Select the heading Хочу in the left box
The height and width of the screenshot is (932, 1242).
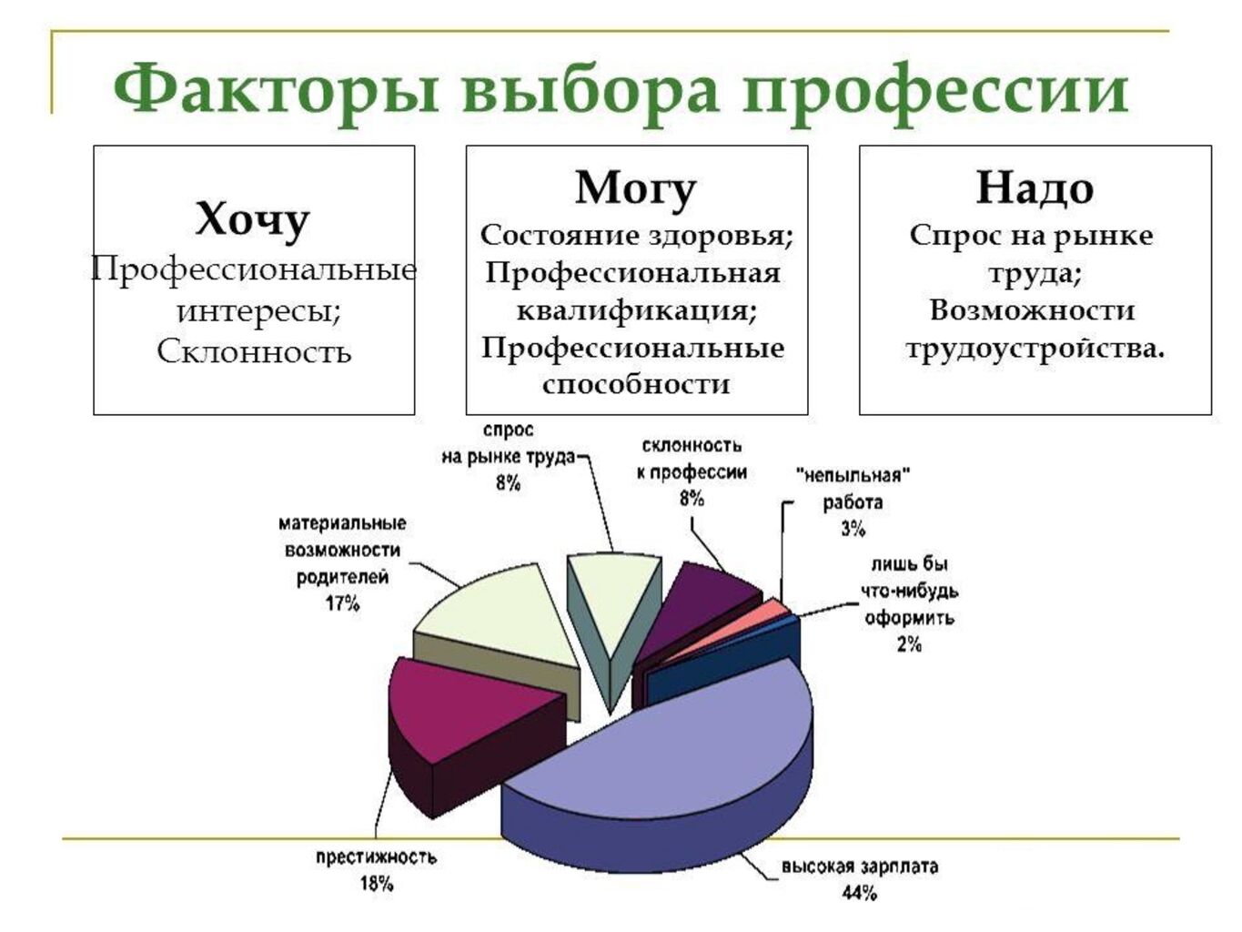coord(253,218)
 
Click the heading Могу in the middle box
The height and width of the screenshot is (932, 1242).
coord(635,189)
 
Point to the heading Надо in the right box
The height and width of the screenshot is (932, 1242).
coord(1035,188)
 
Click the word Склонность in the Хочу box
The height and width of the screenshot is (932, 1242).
coord(254,352)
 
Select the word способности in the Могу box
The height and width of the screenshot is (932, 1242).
coord(637,384)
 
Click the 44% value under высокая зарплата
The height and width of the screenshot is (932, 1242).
coord(860,894)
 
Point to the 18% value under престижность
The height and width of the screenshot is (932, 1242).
coord(377,884)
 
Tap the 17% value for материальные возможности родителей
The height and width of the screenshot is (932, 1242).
coord(342,604)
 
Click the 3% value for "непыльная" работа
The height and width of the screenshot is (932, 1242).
coord(853,529)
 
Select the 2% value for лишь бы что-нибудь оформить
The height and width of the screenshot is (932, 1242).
coord(909,644)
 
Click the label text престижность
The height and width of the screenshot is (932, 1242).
coord(377,857)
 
